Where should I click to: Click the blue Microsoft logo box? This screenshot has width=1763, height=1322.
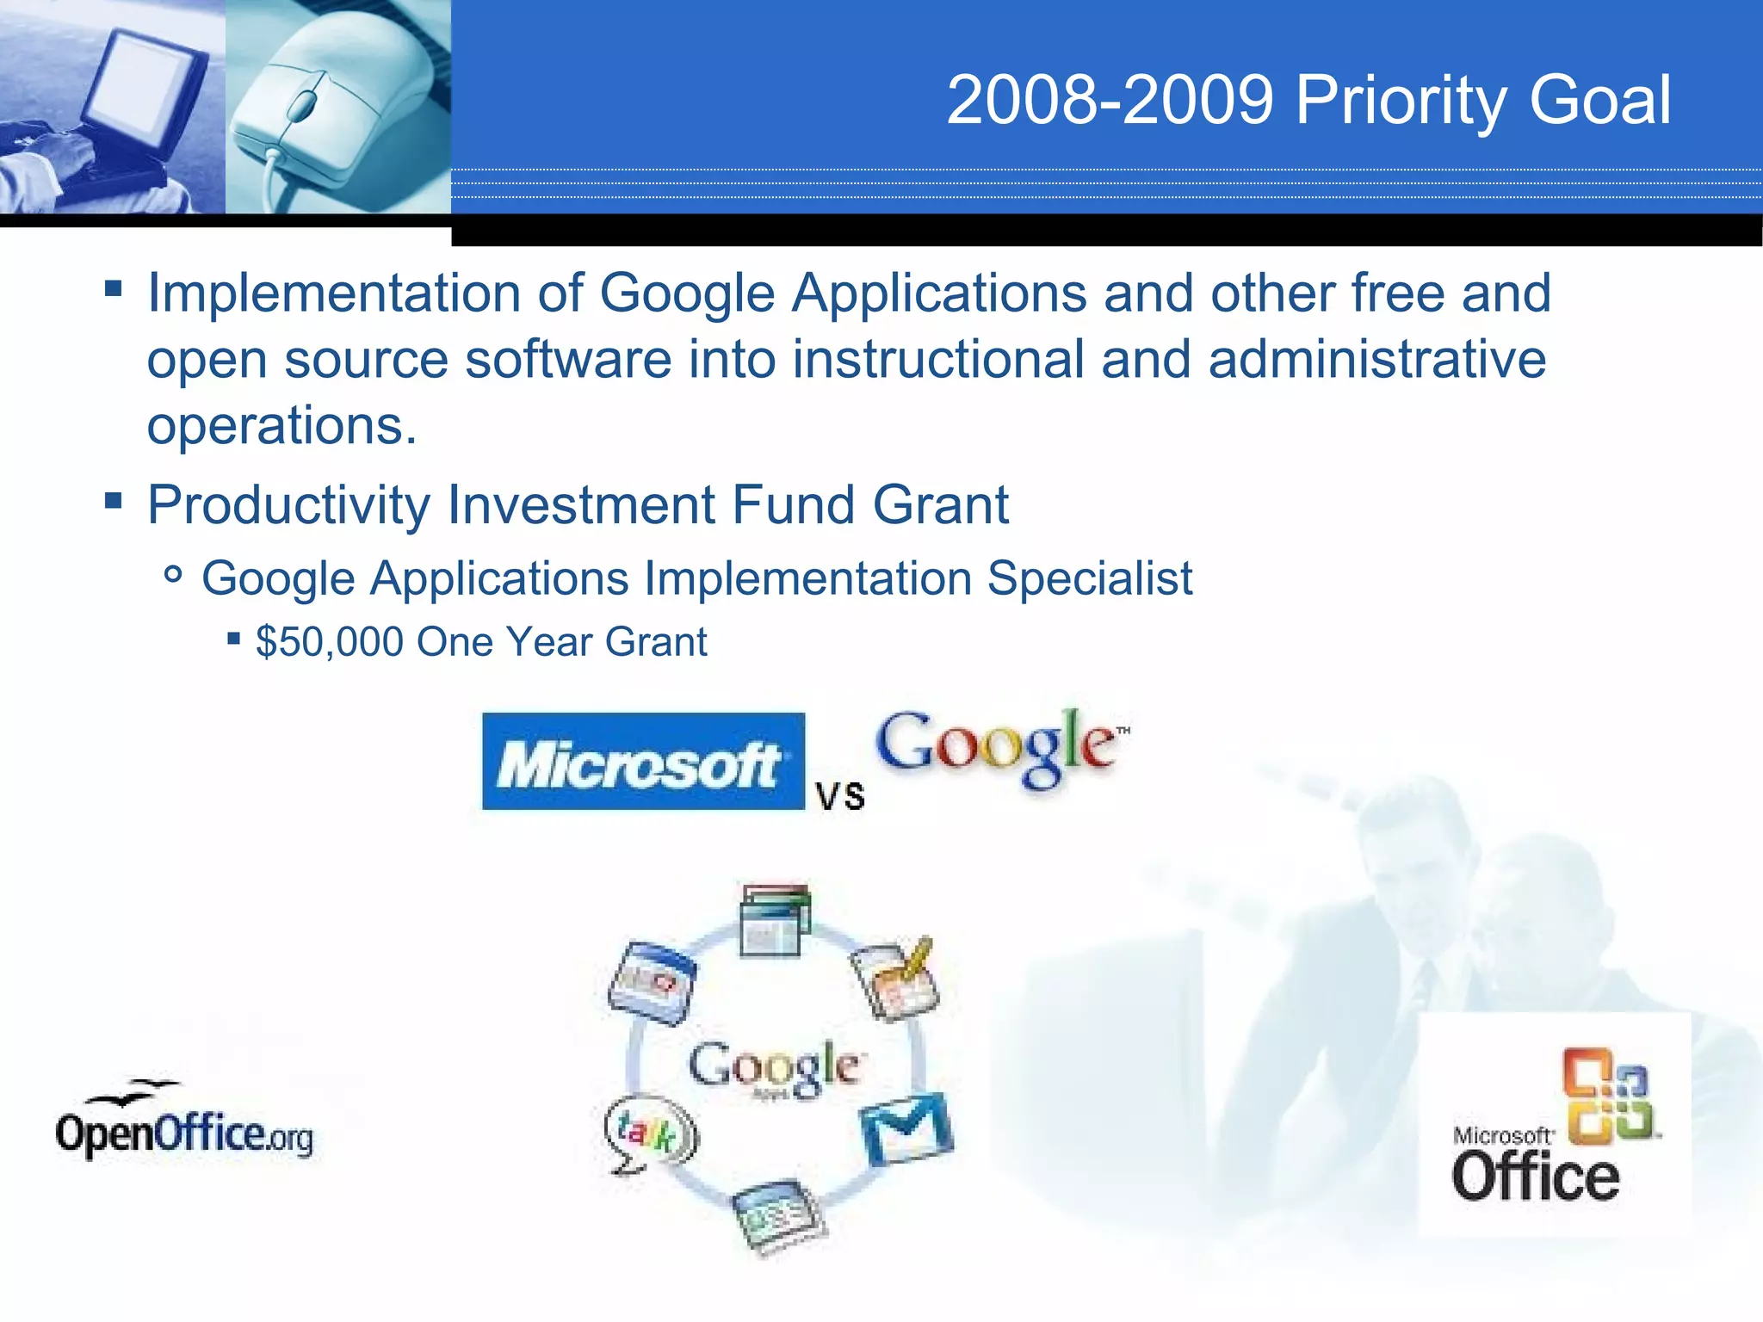pyautogui.click(x=643, y=762)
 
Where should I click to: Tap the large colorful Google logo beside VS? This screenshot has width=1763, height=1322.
pyautogui.click(x=999, y=746)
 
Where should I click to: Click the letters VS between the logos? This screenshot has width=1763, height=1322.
pyautogui.click(x=840, y=796)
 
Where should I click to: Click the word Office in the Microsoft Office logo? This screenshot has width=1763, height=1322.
pyautogui.click(x=1535, y=1177)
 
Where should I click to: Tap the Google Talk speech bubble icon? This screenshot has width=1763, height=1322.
pyautogui.click(x=650, y=1134)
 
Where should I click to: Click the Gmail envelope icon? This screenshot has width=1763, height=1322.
pyautogui.click(x=906, y=1128)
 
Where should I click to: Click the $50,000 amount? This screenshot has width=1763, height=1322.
pyautogui.click(x=329, y=642)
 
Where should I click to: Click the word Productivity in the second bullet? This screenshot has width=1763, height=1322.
pyautogui.click(x=288, y=505)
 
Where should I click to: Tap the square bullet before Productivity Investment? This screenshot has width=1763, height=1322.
pyautogui.click(x=114, y=501)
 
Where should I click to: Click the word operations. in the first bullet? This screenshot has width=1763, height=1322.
pyautogui.click(x=281, y=425)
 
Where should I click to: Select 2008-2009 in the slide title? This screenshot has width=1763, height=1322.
pyautogui.click(x=1110, y=100)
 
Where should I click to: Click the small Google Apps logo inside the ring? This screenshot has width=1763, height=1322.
pyautogui.click(x=774, y=1068)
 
